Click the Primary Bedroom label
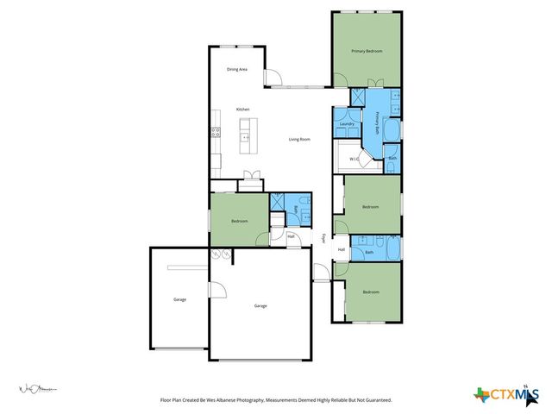[367, 52]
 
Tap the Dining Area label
[238, 69]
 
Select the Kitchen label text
[243, 109]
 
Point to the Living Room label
[299, 139]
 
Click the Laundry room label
[348, 124]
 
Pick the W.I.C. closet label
[354, 159]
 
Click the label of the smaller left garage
[179, 299]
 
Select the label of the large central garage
[260, 306]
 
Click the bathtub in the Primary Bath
[392, 130]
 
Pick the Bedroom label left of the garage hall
[239, 222]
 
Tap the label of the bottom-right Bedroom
[371, 292]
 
